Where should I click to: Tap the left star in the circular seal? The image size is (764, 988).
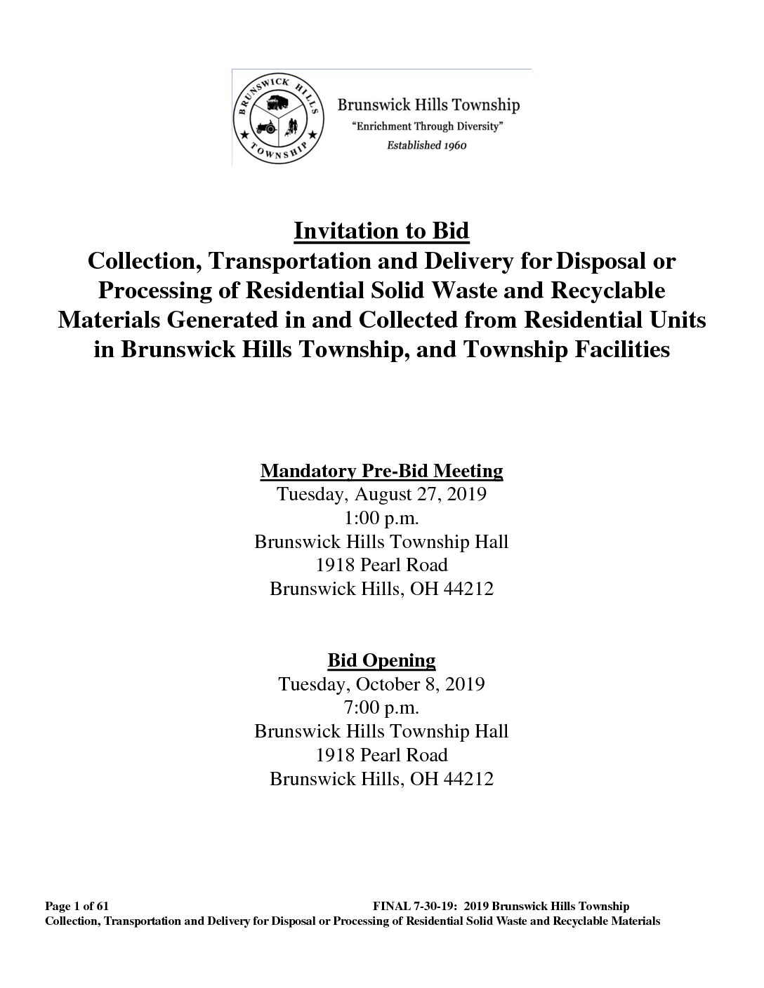point(244,133)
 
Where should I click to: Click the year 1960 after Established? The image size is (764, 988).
point(450,145)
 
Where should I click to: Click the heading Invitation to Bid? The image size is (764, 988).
point(381,230)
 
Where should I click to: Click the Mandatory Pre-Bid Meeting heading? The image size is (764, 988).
point(381,470)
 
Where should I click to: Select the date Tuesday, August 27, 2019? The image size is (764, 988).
point(381,494)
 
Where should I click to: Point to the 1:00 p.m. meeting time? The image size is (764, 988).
point(381,518)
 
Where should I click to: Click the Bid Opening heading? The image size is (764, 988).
point(381,660)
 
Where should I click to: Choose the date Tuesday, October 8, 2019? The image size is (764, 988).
point(381,683)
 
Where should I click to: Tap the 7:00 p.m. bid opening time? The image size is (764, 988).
point(381,707)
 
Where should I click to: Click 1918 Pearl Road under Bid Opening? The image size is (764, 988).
point(381,755)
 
